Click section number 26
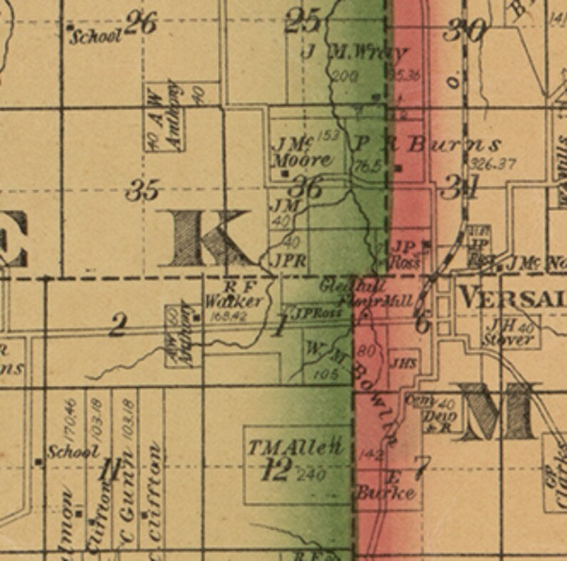tap(141, 24)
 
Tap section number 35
tap(142, 191)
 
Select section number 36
tap(305, 189)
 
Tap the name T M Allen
tap(296, 448)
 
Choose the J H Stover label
tap(508, 333)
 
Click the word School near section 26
tap(96, 36)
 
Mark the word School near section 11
tap(73, 452)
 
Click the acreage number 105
tap(324, 374)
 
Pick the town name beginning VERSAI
tap(511, 297)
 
